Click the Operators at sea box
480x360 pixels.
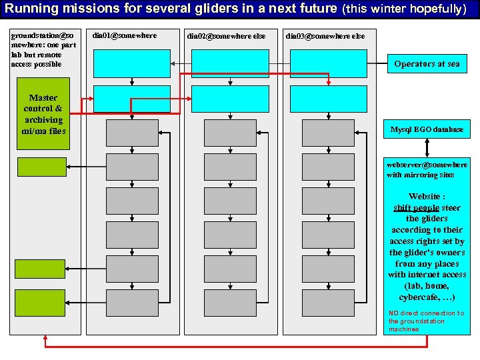point(427,64)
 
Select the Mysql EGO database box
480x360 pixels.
point(427,129)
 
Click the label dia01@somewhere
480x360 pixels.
point(125,35)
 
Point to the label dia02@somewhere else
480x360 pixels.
point(226,35)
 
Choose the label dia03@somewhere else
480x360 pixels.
point(325,35)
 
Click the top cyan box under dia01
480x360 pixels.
point(132,64)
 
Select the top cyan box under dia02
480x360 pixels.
point(229,64)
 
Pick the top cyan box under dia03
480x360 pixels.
point(328,64)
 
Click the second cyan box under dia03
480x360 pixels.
point(328,99)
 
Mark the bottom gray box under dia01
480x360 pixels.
point(132,302)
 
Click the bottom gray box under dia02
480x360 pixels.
point(229,302)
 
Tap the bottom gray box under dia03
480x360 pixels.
point(328,302)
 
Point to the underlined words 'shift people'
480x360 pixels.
point(416,207)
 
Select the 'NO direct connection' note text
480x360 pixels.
point(427,321)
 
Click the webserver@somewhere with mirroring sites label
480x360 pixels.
point(427,169)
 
